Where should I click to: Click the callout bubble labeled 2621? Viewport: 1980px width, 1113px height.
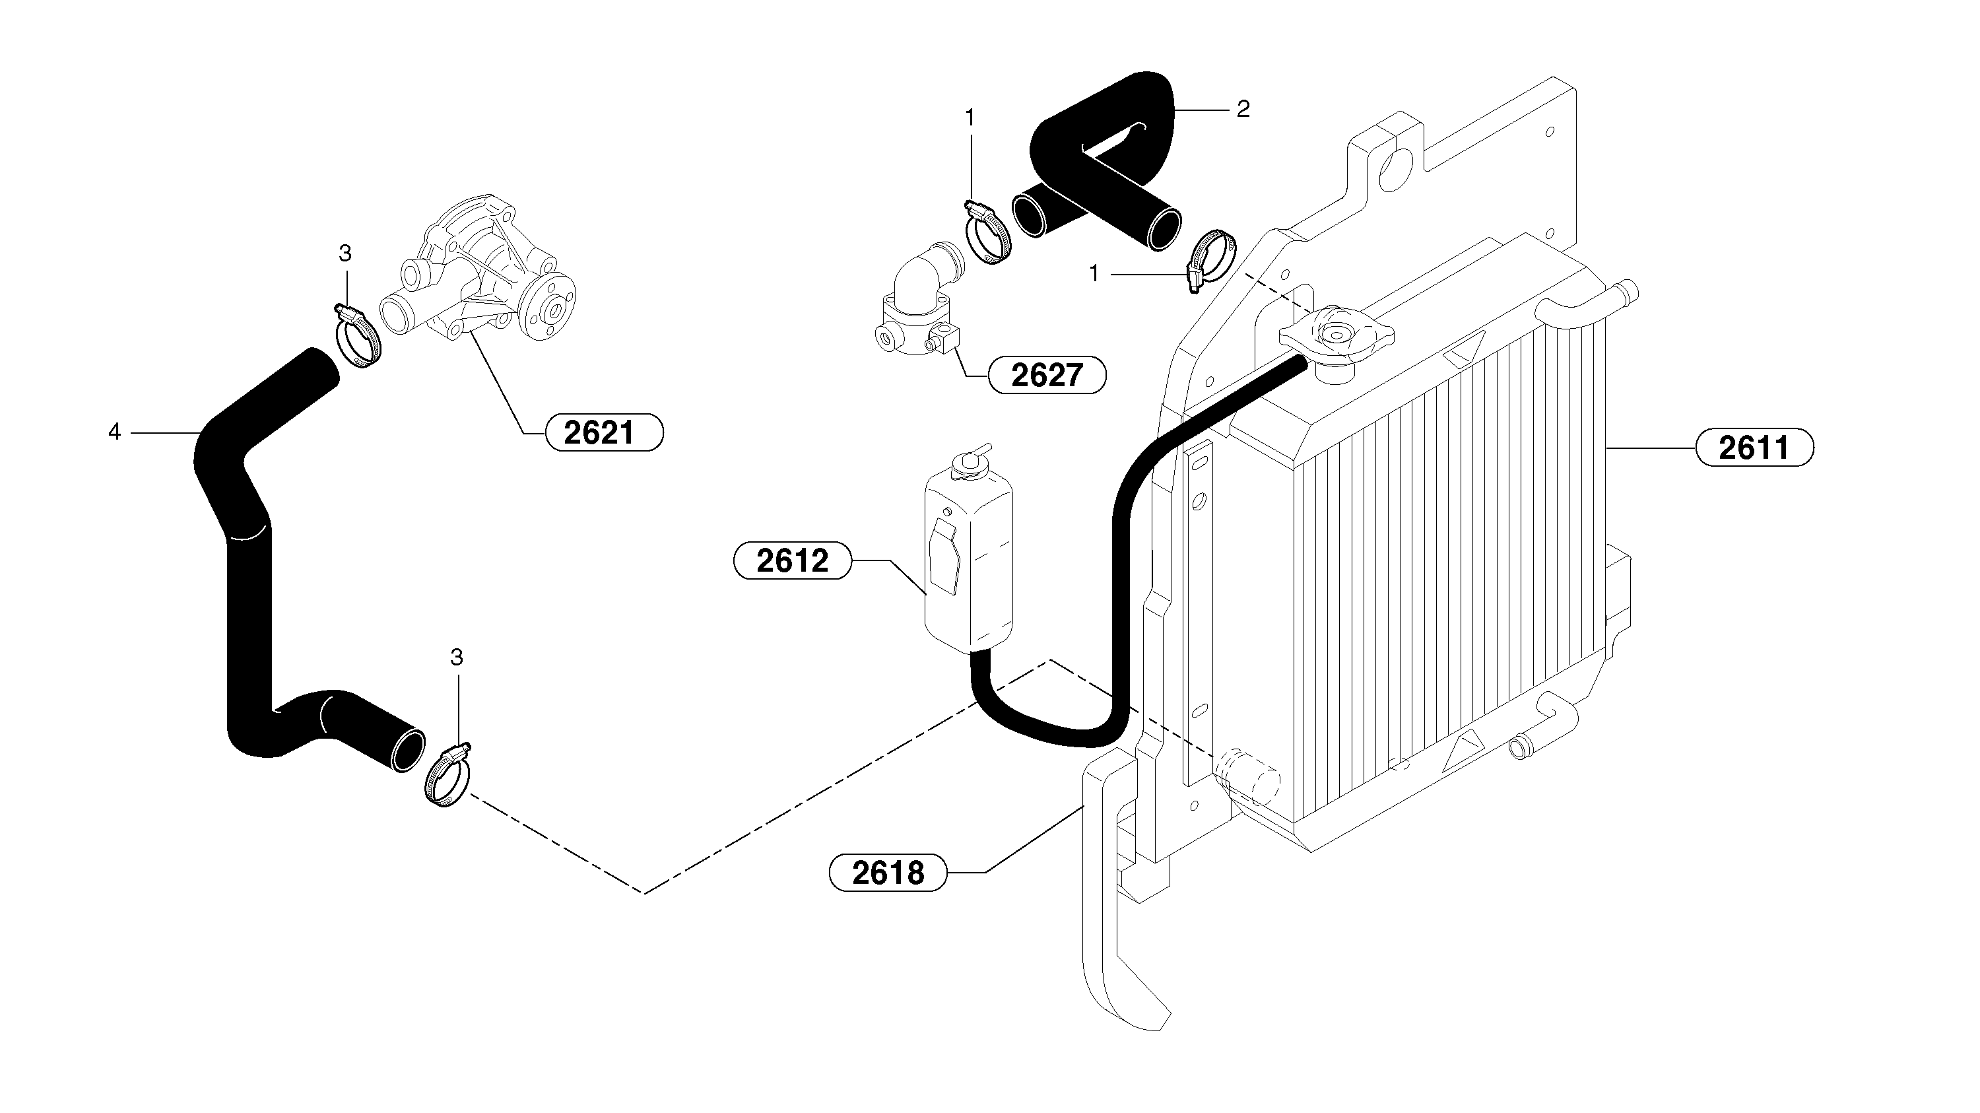603,433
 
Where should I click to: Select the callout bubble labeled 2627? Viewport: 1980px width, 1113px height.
1046,375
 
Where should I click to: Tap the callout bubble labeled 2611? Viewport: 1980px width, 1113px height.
1754,448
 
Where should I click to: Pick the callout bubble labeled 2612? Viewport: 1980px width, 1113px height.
793,560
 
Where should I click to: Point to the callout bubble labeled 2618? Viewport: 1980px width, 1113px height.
888,873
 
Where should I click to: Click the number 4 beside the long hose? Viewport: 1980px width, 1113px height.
115,433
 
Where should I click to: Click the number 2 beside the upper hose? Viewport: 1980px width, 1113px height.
1243,109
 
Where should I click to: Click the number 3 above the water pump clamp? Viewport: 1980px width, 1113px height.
345,253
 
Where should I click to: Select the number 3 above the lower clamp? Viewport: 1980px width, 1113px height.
457,658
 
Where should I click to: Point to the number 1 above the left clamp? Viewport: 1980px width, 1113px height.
970,118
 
